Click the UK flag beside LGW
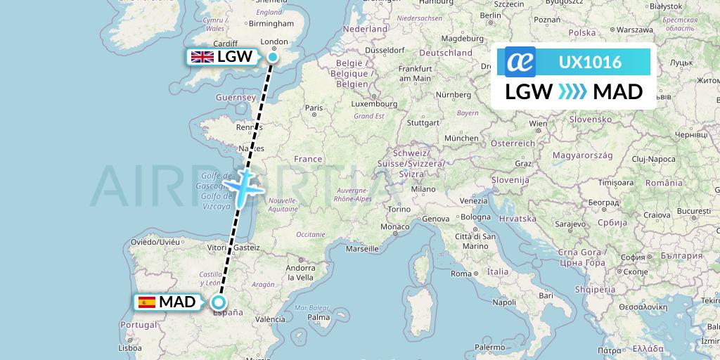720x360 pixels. coord(202,57)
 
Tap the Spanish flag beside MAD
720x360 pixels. coord(147,302)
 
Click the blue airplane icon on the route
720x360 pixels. coord(243,186)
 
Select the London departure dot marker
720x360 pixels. coord(273,57)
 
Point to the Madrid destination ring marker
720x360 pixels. coord(219,302)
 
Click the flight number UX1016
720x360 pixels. coord(590,62)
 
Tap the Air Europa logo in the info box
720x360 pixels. coord(520,62)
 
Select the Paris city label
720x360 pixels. coord(314,108)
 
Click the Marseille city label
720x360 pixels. coord(363,248)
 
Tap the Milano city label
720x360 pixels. coord(424,189)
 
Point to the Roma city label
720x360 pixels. coord(461,274)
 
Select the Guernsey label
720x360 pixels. coord(235,97)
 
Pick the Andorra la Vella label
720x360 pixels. coord(300,272)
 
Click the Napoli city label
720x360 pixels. coord(505,302)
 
